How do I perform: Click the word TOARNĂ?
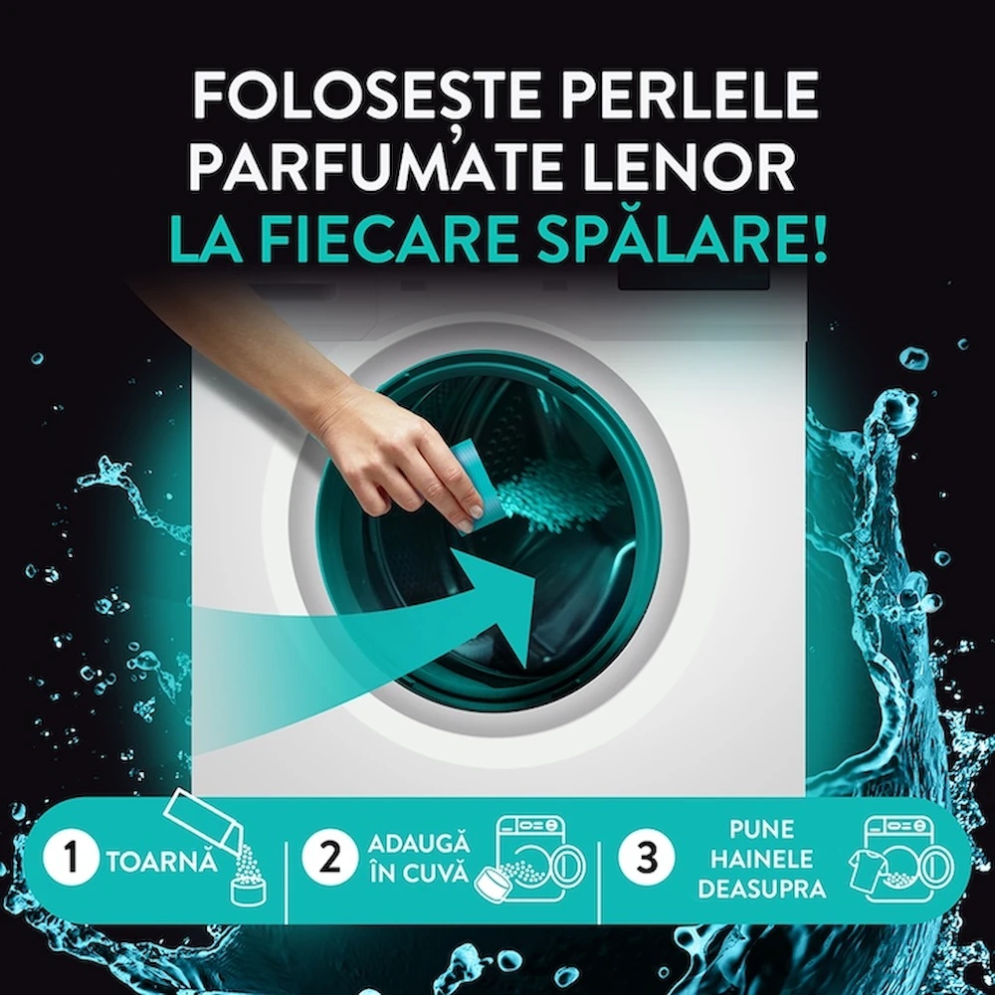(162, 863)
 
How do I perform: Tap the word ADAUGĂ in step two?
(419, 844)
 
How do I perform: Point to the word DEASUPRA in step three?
(761, 889)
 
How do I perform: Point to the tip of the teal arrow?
(525, 668)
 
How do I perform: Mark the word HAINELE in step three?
(761, 860)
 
